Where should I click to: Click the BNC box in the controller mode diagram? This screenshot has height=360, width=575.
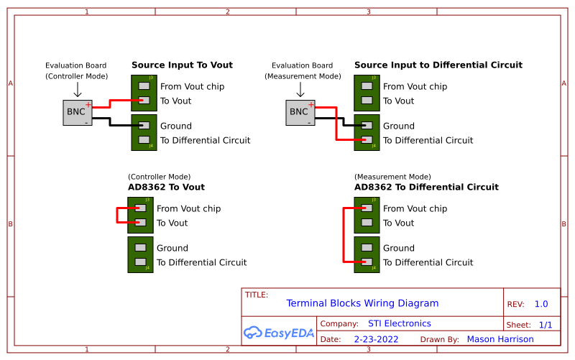(x=77, y=112)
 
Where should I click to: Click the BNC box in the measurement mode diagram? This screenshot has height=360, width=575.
(x=300, y=112)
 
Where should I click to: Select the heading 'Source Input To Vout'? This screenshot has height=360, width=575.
(x=182, y=65)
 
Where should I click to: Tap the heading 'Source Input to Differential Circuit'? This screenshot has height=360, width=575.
(x=438, y=65)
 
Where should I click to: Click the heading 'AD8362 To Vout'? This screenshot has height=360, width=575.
(x=166, y=187)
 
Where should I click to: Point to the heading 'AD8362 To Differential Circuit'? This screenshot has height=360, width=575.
(x=426, y=187)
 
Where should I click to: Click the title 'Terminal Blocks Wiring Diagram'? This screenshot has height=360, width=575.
(x=362, y=303)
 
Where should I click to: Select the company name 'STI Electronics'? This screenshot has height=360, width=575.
(x=399, y=323)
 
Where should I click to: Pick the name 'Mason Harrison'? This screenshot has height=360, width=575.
(x=500, y=339)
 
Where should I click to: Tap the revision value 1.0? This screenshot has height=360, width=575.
(x=541, y=304)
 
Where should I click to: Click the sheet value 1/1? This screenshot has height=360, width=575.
(x=546, y=325)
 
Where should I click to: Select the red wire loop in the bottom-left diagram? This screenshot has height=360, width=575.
(x=117, y=216)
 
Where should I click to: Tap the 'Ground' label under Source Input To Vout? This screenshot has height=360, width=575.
(x=175, y=126)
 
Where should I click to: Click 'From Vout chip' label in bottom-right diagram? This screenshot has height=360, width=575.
(x=415, y=208)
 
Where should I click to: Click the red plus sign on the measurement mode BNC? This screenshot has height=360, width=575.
(x=310, y=105)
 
